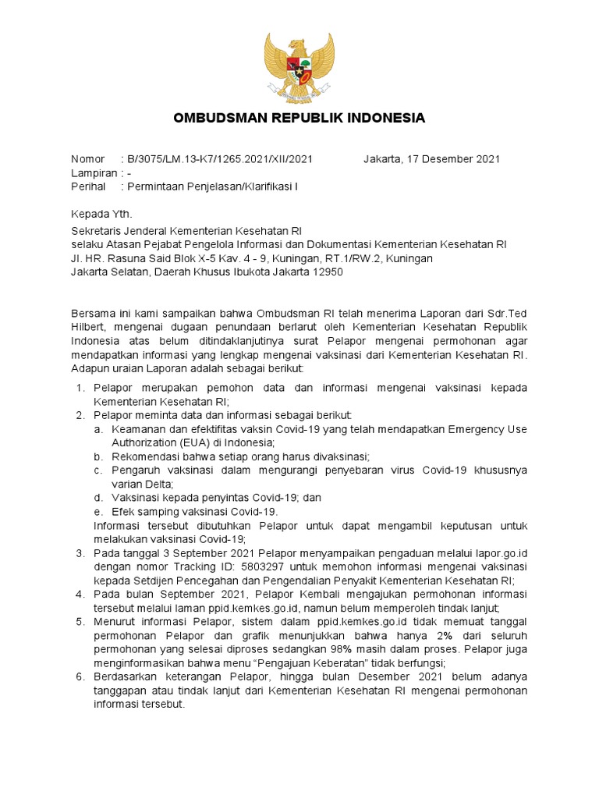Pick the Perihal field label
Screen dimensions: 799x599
88,187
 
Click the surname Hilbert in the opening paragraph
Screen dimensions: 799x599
89,328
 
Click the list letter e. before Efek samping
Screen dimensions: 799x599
97,511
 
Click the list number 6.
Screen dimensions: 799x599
80,676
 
